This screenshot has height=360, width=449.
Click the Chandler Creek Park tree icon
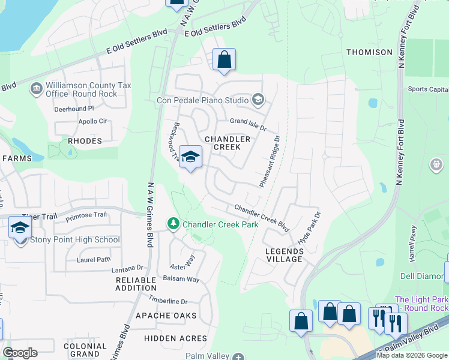tap(173, 224)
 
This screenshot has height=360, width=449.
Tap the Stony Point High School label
tap(74, 239)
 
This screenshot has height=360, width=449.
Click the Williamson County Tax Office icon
tap(35, 89)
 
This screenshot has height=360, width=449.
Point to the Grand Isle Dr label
tap(247, 124)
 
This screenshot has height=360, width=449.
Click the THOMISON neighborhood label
tap(369, 52)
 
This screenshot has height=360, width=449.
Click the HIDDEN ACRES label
tap(176, 338)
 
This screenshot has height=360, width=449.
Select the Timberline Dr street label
tap(168, 301)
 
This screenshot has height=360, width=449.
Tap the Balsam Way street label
tap(181, 279)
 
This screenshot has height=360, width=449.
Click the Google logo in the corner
tap(20, 353)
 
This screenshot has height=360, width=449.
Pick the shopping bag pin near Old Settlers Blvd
tap(224, 60)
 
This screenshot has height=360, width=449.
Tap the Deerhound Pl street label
tap(74, 109)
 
